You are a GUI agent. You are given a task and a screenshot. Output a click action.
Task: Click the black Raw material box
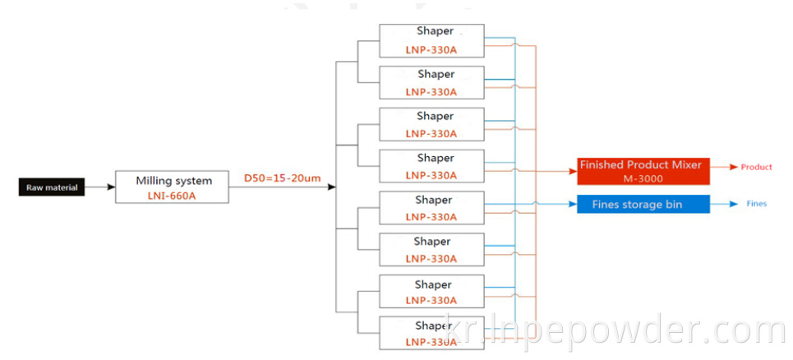pos(52,187)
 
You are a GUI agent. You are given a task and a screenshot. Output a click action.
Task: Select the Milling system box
pos(173,187)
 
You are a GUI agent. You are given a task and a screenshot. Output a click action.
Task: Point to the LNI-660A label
pos(173,196)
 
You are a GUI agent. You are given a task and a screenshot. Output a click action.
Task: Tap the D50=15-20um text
pos(281,178)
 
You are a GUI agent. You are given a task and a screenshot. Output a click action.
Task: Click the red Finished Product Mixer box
pos(640,171)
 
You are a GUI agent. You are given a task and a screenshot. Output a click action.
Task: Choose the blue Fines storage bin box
pos(640,204)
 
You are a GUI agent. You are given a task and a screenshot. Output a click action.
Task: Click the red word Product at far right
pos(756,168)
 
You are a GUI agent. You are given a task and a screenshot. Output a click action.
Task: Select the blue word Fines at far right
pos(756,204)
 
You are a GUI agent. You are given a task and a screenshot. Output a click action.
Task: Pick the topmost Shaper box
pos(431,39)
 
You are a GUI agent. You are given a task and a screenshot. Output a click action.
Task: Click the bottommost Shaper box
pos(431,333)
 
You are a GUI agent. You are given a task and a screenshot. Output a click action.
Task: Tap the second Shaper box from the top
pos(431,81)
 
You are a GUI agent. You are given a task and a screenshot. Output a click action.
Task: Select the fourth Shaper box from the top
pos(431,165)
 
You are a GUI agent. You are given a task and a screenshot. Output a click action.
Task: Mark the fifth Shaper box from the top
pos(431,207)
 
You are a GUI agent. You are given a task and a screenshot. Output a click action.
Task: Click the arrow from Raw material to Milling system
pos(100,187)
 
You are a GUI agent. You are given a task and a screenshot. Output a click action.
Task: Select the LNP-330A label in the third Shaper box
pos(431,133)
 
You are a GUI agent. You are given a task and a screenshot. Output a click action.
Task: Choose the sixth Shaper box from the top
pos(431,249)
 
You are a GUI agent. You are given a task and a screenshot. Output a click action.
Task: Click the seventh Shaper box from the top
pos(431,291)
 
